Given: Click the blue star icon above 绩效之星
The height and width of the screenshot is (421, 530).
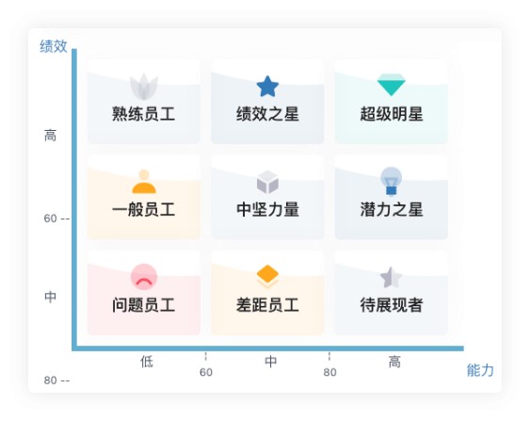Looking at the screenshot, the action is (267, 87).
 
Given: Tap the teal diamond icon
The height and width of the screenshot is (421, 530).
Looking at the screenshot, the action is (391, 85).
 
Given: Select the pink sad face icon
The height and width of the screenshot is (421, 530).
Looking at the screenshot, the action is (144, 277).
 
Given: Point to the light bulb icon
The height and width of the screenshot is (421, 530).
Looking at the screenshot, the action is (391, 181).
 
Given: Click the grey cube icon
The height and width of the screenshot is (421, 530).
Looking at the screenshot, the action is (267, 182).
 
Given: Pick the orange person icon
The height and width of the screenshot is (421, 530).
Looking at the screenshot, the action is (144, 182).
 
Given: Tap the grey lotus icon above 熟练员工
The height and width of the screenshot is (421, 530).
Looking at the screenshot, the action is (144, 87).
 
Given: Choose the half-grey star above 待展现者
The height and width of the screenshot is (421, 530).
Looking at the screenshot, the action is (391, 277).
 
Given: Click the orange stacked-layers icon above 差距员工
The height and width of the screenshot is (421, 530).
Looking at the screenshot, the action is (267, 277).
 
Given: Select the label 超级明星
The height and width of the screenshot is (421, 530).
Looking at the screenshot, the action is (392, 114).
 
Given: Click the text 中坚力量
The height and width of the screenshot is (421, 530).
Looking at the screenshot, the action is (267, 209).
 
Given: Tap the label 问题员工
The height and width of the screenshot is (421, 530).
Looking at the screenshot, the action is (144, 305).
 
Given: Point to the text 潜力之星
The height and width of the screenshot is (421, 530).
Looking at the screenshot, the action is (392, 209).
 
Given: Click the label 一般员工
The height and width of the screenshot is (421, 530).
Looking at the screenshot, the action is (144, 209).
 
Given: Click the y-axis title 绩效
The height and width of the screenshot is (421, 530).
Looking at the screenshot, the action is (54, 46).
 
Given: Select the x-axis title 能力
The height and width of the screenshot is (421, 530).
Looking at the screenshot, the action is (480, 370).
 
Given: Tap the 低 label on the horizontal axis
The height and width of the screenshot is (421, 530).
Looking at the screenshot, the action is (147, 362).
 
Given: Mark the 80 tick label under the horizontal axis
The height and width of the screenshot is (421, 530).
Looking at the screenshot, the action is (329, 372).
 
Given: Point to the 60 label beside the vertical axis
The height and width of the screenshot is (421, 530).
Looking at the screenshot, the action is (50, 219).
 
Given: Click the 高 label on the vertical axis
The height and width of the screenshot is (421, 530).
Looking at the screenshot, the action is (50, 136).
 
